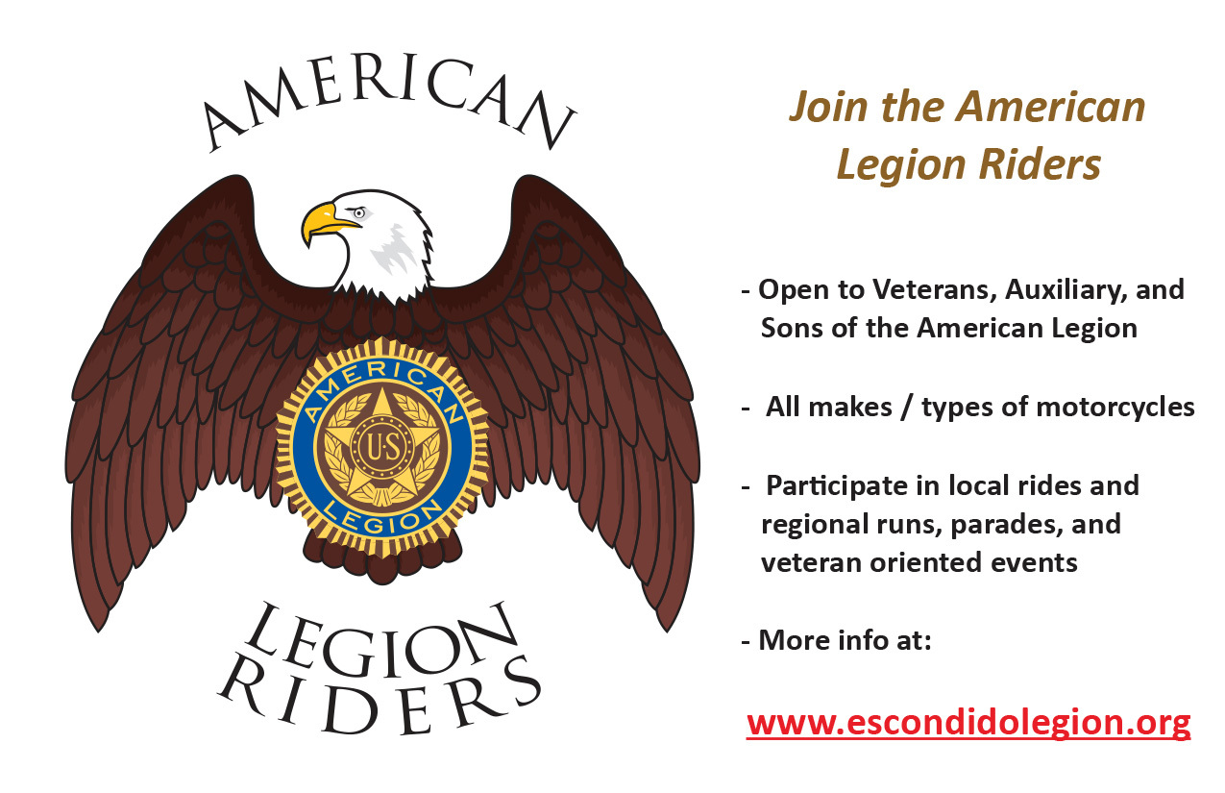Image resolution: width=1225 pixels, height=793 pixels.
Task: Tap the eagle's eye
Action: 359,212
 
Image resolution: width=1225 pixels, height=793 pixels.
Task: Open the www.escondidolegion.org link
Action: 968,722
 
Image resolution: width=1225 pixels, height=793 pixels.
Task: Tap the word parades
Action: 991,525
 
